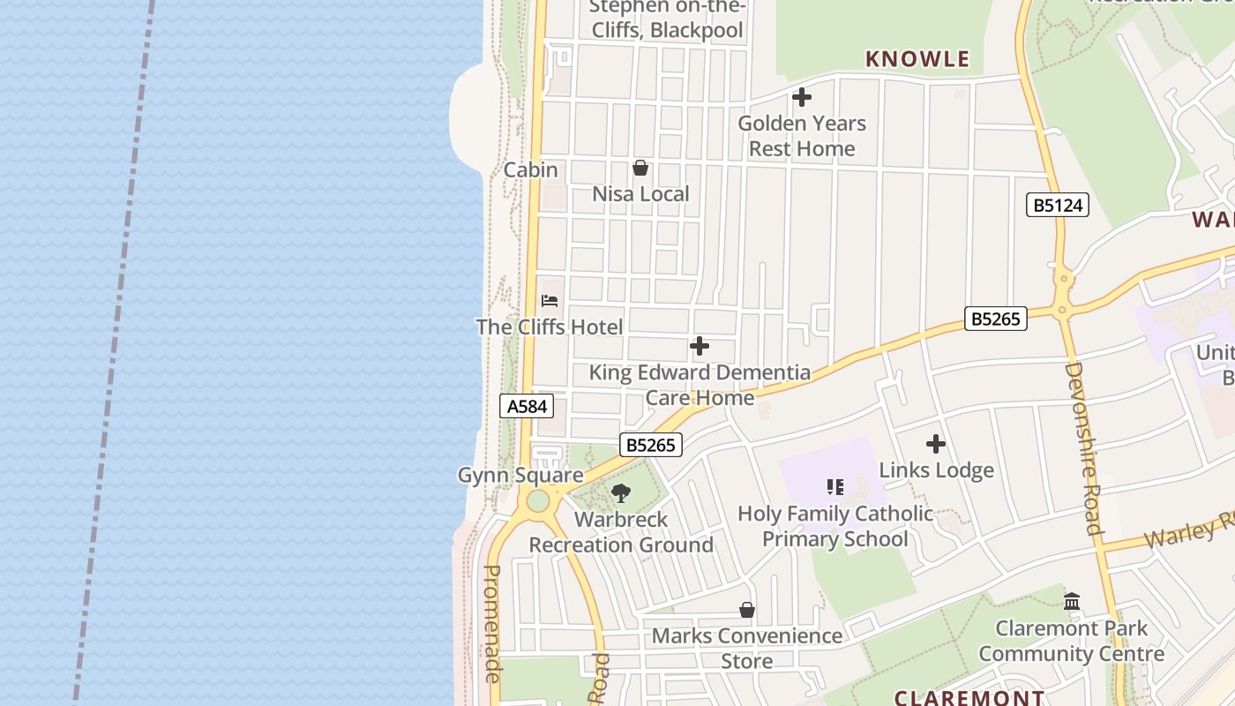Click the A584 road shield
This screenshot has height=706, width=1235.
point(528,406)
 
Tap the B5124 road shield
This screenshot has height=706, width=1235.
point(1058,206)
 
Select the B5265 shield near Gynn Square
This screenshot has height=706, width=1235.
point(651,445)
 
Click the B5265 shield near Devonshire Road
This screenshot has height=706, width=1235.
point(996,319)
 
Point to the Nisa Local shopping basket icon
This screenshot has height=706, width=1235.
point(640,168)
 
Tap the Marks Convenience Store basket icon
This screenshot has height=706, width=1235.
point(746,610)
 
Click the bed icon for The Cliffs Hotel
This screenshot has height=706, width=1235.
point(550,301)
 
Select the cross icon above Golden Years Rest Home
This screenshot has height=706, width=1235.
point(802,97)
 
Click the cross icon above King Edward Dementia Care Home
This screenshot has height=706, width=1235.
point(699,346)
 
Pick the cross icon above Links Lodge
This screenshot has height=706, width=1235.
point(936,444)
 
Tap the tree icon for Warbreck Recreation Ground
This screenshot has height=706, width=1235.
point(621,493)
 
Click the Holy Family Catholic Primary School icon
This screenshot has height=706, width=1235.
point(835,487)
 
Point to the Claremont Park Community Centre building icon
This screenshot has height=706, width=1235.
point(1072,602)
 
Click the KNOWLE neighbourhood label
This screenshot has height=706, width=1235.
point(917,59)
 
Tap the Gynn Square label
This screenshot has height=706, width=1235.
point(520,475)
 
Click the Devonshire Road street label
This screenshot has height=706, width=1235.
point(1083,448)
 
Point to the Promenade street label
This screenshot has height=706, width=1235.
point(492,623)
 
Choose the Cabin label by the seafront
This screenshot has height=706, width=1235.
point(530,169)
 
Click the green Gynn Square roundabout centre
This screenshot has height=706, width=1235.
point(538,502)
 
